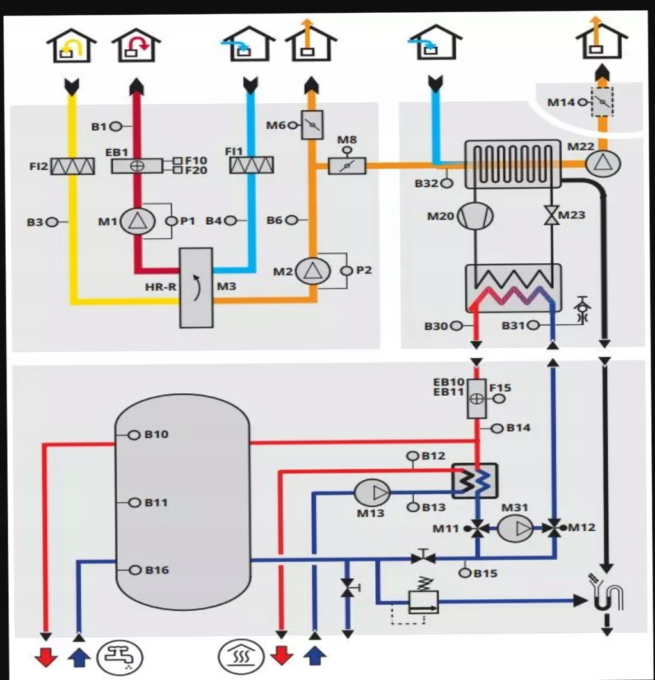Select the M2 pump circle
point(311,271)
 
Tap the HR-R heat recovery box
point(196,287)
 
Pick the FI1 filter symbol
point(251,165)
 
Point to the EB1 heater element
point(137,165)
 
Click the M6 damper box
point(312,124)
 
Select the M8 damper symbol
point(347,165)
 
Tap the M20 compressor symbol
point(474,216)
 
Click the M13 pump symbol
point(373,492)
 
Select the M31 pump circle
point(515,528)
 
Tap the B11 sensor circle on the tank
point(134,503)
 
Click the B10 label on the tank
point(156,434)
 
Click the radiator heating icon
point(242,656)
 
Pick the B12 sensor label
point(433,456)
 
